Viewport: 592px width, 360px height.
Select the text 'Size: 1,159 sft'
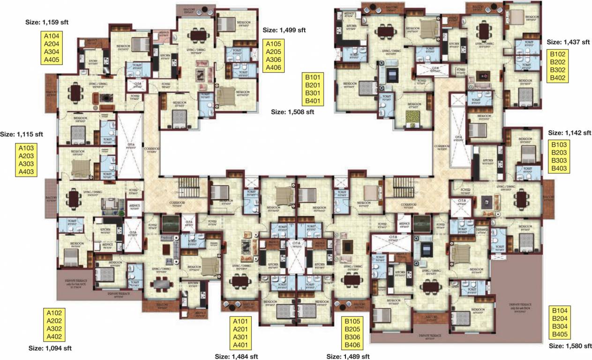(51, 22)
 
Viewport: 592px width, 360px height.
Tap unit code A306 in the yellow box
(275, 60)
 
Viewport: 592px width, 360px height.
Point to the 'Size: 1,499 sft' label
(284, 30)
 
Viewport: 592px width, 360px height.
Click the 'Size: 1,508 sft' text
(293, 112)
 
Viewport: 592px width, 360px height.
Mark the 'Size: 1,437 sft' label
(568, 42)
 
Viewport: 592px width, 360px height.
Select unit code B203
(559, 153)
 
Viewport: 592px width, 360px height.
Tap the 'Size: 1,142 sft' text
(569, 133)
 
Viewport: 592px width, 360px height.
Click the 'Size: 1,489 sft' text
(348, 356)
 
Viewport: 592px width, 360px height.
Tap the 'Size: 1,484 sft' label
(236, 356)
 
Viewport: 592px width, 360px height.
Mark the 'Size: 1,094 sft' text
(50, 348)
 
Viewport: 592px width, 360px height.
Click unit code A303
(27, 164)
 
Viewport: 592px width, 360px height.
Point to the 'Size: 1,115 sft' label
(22, 134)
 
